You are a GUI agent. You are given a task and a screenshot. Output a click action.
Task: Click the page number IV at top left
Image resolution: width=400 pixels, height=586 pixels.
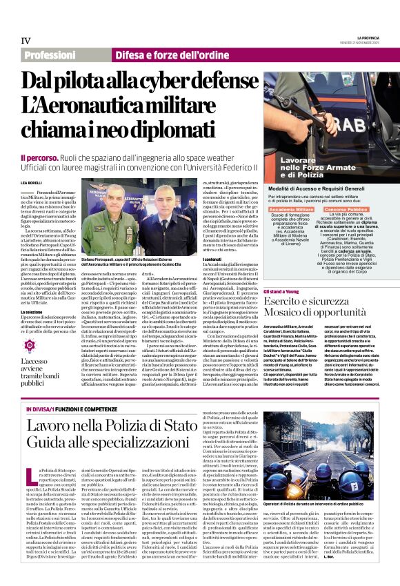tap(26, 41)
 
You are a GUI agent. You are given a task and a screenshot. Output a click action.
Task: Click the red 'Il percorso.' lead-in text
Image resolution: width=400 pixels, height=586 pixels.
tap(41, 158)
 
